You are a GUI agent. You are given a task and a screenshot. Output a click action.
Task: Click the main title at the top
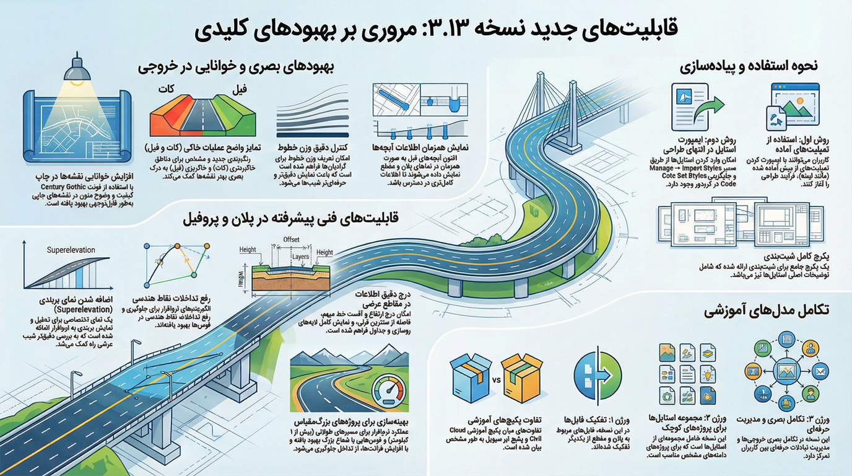pyautogui.click(x=426, y=29)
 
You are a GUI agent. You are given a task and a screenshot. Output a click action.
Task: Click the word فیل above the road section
pyautogui.click(x=242, y=89)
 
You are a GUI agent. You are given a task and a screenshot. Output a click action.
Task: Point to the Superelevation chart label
pyautogui.click(x=71, y=250)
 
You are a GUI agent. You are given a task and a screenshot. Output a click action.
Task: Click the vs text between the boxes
pyautogui.click(x=496, y=378)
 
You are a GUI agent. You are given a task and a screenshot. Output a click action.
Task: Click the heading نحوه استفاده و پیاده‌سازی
pyautogui.click(x=750, y=65)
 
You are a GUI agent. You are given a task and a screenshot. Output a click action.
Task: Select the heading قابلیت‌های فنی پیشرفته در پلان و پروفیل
pyautogui.click(x=290, y=219)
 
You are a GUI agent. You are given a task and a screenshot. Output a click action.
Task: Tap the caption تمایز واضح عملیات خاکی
pyautogui.click(x=202, y=149)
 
